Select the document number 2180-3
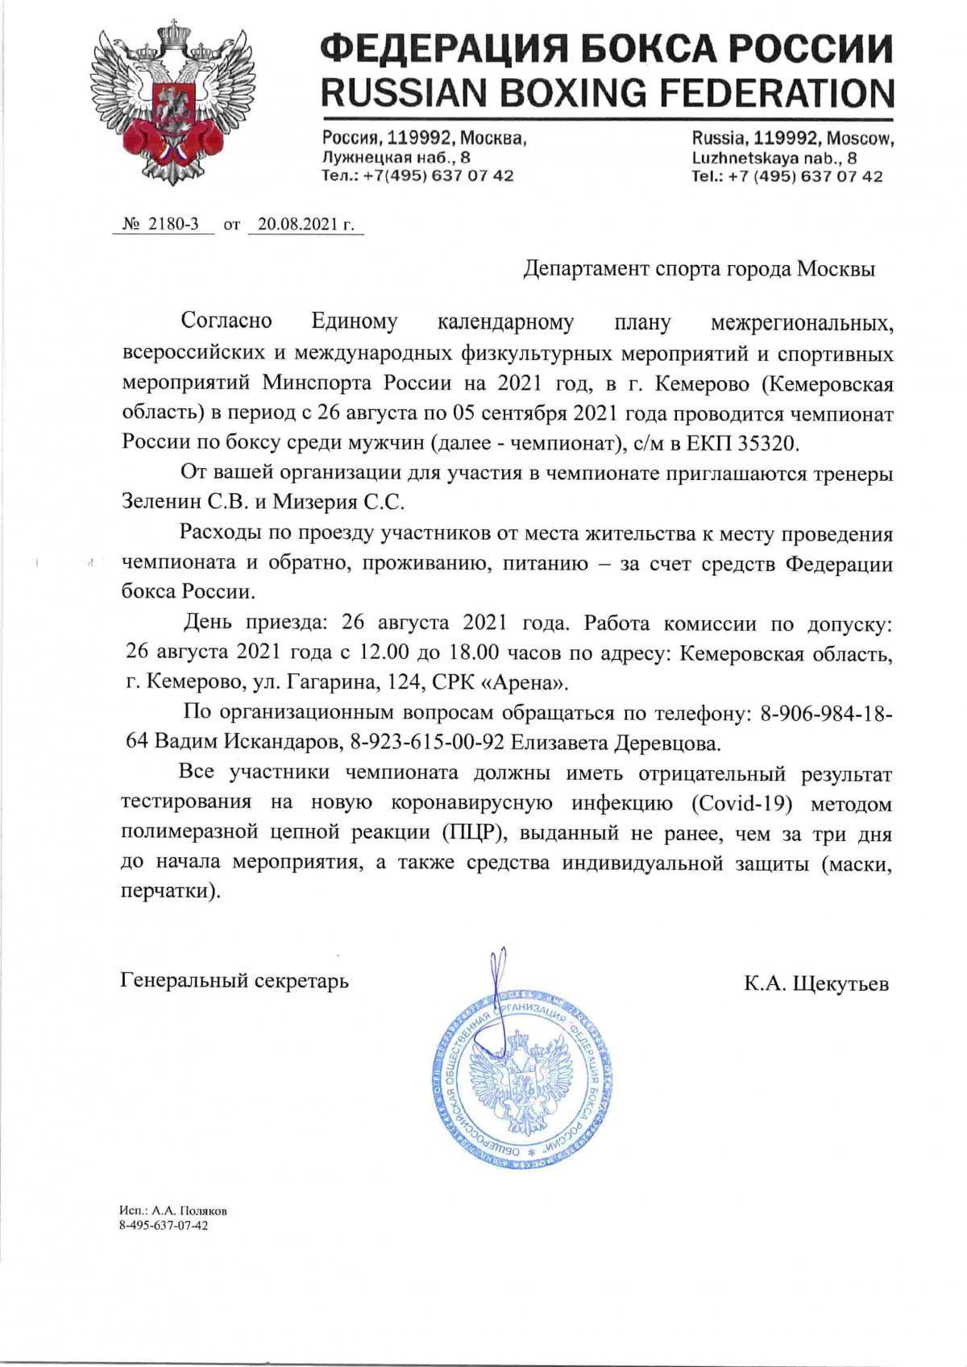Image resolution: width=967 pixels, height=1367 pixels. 170,225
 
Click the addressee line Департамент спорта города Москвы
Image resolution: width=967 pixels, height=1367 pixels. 699,269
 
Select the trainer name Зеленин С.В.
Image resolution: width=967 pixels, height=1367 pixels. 184,502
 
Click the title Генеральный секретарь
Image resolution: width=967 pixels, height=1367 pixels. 234,981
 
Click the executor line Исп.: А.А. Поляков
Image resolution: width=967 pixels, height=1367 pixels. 173,1211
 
